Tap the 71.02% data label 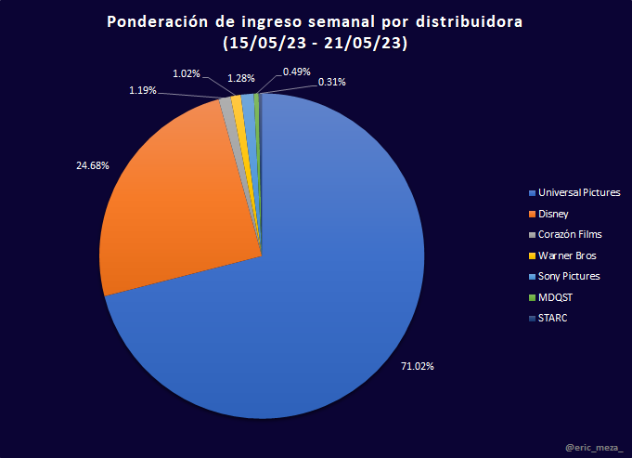(x=418, y=366)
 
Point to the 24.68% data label (x=93, y=165)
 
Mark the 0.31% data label (x=332, y=82)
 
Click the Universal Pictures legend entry (x=577, y=192)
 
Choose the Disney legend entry (x=553, y=214)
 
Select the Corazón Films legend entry (x=570, y=234)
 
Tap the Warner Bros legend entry (x=566, y=255)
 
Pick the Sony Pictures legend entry (x=569, y=276)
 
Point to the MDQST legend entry (x=555, y=297)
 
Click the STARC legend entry (x=552, y=318)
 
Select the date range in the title (x=316, y=43)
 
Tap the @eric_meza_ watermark (x=595, y=448)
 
